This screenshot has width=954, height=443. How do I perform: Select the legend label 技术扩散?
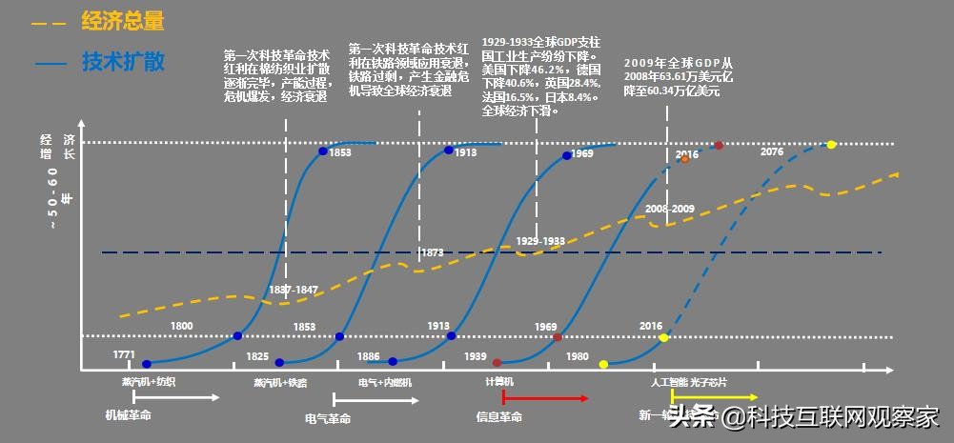tap(123, 63)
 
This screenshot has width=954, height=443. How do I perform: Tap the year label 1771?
tap(124, 354)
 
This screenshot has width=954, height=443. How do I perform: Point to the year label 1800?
tap(181, 327)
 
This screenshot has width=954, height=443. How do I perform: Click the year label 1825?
tap(257, 356)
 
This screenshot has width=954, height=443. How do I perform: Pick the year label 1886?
tap(368, 356)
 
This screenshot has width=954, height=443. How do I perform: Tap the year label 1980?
tap(577, 356)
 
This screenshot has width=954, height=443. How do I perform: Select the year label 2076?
tap(772, 151)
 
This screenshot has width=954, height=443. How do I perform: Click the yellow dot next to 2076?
tap(831, 145)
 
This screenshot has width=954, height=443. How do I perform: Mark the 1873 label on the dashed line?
tap(432, 252)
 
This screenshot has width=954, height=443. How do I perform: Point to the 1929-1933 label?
tap(539, 241)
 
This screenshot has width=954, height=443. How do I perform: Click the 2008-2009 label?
tap(669, 208)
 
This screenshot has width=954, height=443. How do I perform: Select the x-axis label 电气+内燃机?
tap(385, 382)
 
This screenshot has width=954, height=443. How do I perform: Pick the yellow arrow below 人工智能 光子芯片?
tap(726, 396)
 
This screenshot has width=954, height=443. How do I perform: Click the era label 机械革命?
tap(128, 415)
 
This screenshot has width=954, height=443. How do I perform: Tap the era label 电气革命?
tap(328, 418)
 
